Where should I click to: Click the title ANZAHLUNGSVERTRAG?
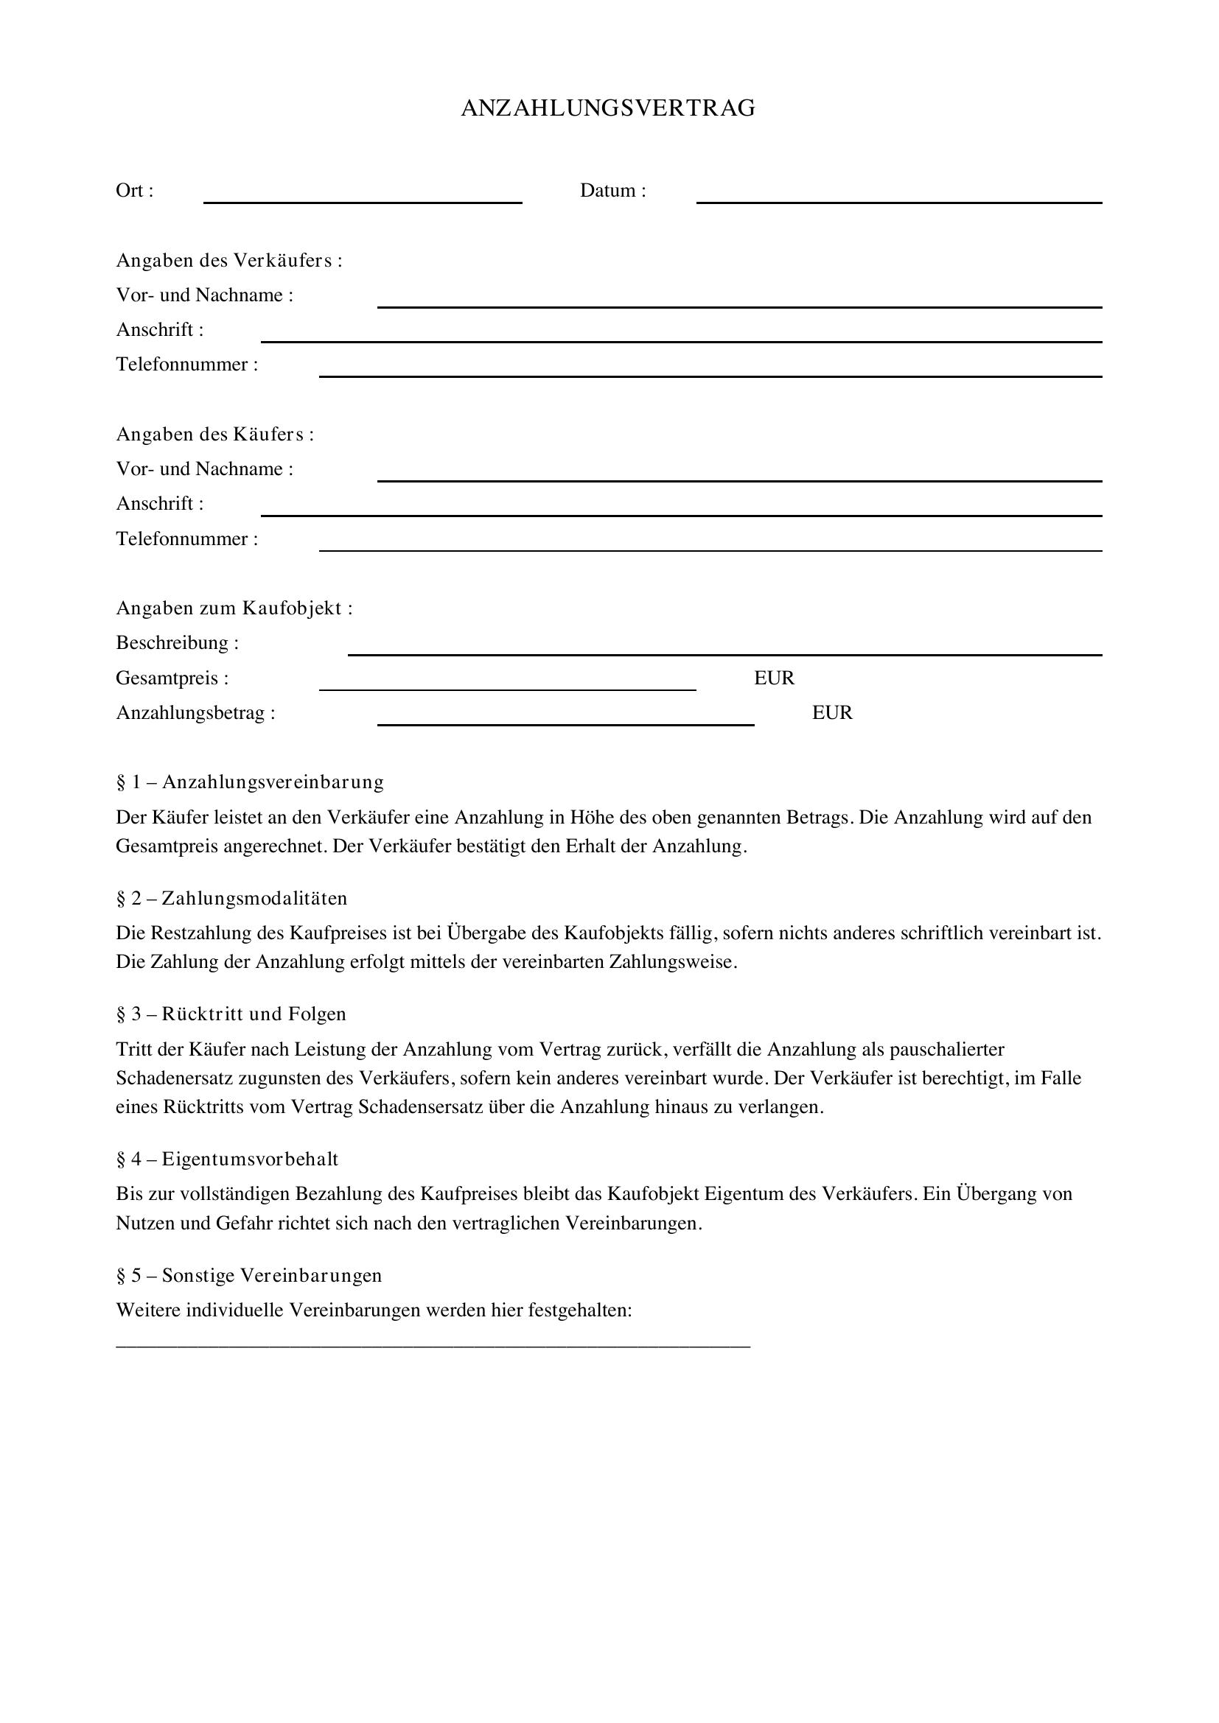pyautogui.click(x=608, y=109)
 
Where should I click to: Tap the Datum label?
pyautogui.click(x=612, y=191)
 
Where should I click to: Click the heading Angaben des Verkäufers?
pyautogui.click(x=229, y=260)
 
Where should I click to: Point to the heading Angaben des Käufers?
pyautogui.click(x=214, y=435)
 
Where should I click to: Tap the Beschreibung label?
pyautogui.click(x=177, y=643)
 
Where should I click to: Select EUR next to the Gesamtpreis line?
pyautogui.click(x=774, y=678)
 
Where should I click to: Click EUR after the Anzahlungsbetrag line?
pyautogui.click(x=831, y=713)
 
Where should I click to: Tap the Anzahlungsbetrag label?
pyautogui.click(x=195, y=713)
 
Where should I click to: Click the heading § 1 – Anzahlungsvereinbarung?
pyautogui.click(x=250, y=782)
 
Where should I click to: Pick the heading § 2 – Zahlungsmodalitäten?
pyautogui.click(x=231, y=898)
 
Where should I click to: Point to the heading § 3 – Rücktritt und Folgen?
pyautogui.click(x=231, y=1014)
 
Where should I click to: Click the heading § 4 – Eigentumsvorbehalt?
pyautogui.click(x=227, y=1159)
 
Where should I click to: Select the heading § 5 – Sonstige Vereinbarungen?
pyautogui.click(x=249, y=1276)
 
